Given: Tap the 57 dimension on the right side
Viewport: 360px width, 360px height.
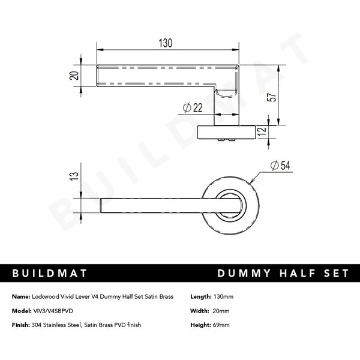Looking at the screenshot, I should pyautogui.click(x=272, y=98).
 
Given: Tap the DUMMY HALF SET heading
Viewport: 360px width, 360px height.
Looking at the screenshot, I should pyautogui.click(x=282, y=274).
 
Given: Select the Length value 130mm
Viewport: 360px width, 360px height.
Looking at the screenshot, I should pyautogui.click(x=223, y=297).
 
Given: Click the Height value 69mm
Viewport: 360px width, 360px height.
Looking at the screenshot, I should pyautogui.click(x=221, y=325).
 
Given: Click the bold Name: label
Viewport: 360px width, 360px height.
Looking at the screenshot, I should pyautogui.click(x=20, y=297).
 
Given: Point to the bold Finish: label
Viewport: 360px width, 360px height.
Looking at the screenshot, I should pyautogui.click(x=21, y=325).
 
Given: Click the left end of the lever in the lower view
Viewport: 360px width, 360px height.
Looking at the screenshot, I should pyautogui.click(x=102, y=205).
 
